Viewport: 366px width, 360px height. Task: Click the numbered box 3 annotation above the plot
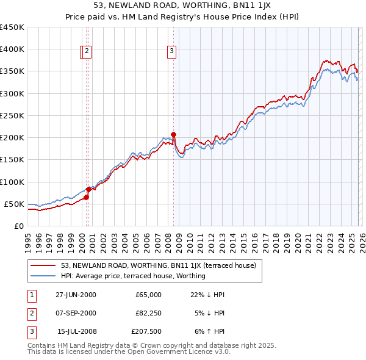point(172,52)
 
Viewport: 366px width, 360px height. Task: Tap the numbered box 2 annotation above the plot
point(88,52)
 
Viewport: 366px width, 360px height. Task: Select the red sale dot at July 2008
point(174,134)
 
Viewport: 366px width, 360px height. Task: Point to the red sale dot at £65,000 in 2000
point(86,197)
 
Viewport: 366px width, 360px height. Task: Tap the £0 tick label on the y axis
point(18,226)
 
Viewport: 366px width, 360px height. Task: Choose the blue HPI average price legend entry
point(133,276)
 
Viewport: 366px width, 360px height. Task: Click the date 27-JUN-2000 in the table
point(76,295)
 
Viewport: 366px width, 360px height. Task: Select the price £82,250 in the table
point(148,313)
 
